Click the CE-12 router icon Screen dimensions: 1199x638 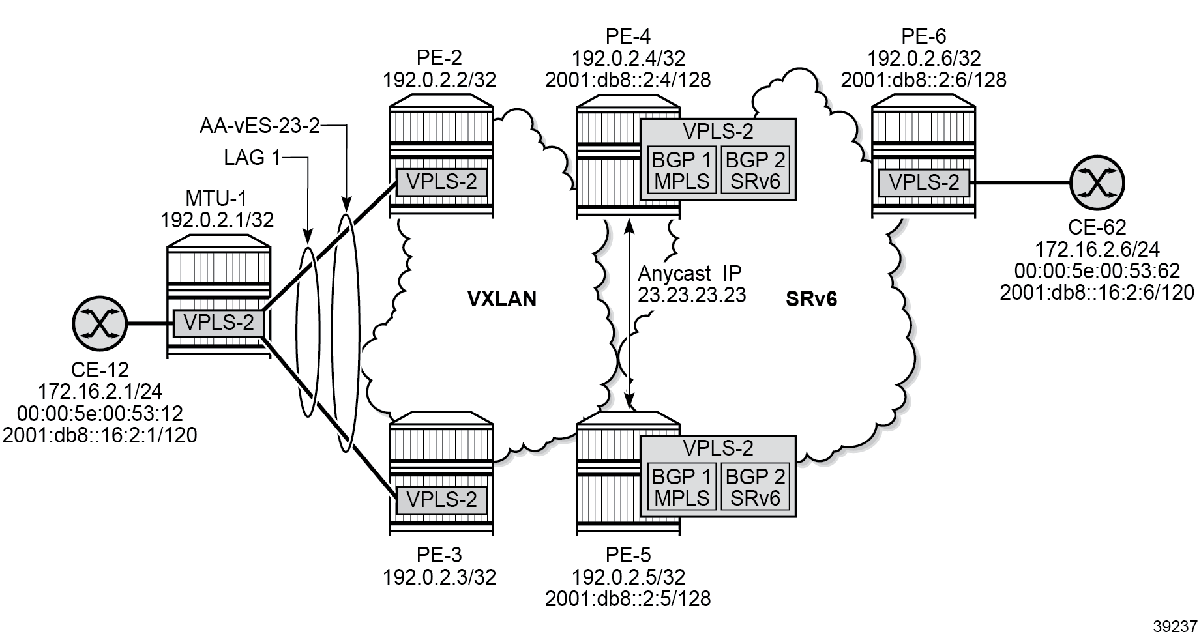tap(99, 323)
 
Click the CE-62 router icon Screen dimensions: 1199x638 tap(1097, 182)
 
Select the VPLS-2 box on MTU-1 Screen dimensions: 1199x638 tap(218, 323)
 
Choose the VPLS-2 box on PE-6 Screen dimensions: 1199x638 tap(924, 182)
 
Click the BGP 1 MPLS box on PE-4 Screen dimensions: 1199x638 tap(681, 169)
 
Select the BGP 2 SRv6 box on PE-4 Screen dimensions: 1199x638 tap(755, 169)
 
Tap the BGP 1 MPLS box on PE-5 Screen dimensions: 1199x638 tap(681, 487)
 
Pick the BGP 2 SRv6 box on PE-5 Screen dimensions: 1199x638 tap(755, 487)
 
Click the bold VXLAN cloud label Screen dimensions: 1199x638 tap(502, 298)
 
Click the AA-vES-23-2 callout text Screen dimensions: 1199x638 tap(259, 126)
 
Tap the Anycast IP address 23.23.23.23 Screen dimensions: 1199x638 tap(692, 294)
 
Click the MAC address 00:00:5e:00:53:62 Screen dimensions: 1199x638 tap(1097, 270)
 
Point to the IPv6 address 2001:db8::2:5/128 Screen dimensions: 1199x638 tap(628, 598)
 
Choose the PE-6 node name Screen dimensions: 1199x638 tap(923, 36)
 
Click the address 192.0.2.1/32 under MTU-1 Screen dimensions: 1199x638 tap(217, 220)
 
